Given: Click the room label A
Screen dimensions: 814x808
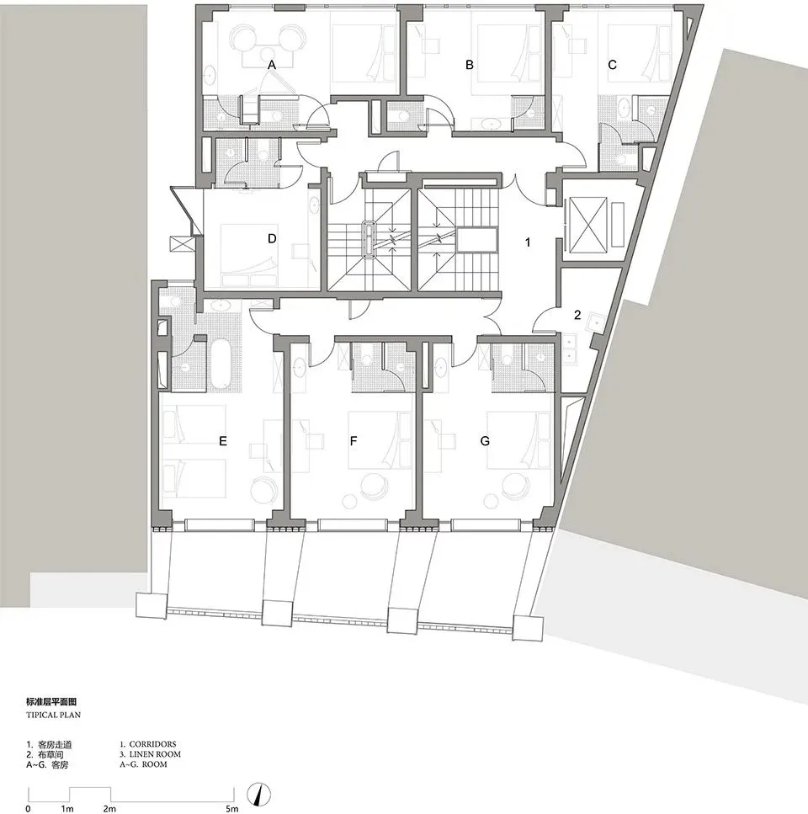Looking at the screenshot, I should tap(271, 65).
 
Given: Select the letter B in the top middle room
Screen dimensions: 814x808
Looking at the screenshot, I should tap(470, 65).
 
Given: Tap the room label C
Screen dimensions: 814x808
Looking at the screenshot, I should tap(612, 65).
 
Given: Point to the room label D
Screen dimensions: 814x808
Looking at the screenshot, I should tap(272, 238).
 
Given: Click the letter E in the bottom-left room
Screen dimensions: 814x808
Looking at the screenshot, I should tap(222, 440).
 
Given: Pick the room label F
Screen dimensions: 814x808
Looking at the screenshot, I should tap(353, 440).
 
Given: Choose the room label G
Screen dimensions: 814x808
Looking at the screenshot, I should tap(485, 440).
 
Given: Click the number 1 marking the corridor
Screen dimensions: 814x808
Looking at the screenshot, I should tap(528, 242).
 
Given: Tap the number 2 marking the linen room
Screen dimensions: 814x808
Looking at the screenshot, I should tap(577, 316).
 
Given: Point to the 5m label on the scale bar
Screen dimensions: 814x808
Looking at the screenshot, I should tap(231, 808).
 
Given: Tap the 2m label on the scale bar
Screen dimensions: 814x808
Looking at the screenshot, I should tap(109, 808).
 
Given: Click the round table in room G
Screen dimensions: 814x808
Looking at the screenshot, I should tap(513, 485).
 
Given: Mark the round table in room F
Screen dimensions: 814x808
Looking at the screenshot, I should tap(372, 485).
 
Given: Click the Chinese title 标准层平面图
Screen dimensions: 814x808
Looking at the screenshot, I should tap(56, 701).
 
